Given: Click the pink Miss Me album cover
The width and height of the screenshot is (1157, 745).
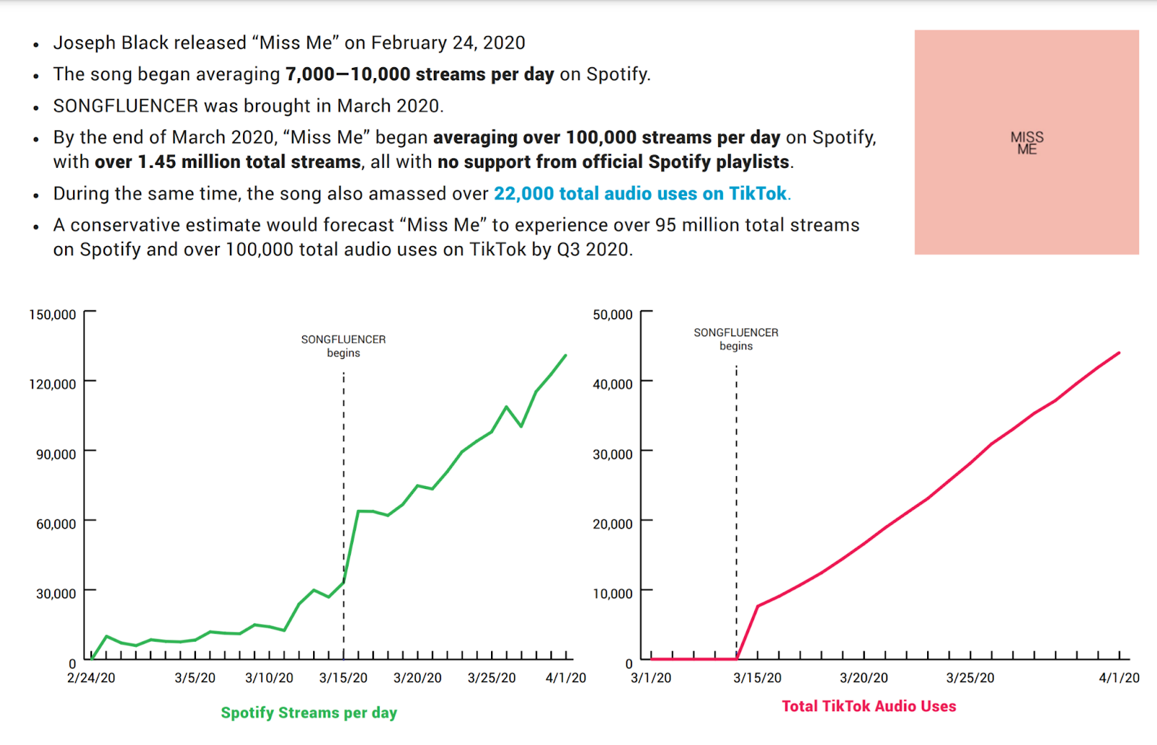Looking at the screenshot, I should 1026,142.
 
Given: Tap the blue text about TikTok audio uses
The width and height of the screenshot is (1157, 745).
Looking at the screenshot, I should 641,194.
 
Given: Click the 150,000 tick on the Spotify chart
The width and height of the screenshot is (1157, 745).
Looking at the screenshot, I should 52,315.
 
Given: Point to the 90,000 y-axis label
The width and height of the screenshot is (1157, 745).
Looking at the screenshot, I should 56,454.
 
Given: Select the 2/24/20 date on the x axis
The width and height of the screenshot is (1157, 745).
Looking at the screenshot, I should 91,678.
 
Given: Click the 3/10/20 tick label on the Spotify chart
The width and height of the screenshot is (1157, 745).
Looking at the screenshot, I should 269,678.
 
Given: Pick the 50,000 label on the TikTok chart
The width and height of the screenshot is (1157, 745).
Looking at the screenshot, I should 612,315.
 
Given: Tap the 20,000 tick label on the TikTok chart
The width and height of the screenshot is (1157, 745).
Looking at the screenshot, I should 612,524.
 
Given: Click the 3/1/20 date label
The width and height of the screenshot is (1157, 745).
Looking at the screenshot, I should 651,678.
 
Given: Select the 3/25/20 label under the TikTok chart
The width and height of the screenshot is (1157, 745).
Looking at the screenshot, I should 970,678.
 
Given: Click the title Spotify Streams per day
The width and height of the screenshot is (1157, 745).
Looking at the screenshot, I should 309,713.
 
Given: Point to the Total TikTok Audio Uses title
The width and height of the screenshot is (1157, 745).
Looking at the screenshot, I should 868,707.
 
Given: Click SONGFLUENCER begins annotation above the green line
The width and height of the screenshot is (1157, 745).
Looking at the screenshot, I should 343,346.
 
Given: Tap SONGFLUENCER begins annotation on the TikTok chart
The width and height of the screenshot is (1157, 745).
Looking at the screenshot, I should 736,339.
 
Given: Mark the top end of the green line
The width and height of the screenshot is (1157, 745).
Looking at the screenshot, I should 565,356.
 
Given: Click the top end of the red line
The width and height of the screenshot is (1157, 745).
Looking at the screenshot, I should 1119,354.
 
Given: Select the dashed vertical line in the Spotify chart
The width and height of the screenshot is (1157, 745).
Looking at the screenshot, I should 343,506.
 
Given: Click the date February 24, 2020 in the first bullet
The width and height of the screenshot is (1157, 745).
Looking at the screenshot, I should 448,43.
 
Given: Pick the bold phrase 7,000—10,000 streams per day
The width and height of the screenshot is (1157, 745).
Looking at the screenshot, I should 419,74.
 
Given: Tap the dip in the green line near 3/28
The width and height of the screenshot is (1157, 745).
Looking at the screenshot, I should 521,426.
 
